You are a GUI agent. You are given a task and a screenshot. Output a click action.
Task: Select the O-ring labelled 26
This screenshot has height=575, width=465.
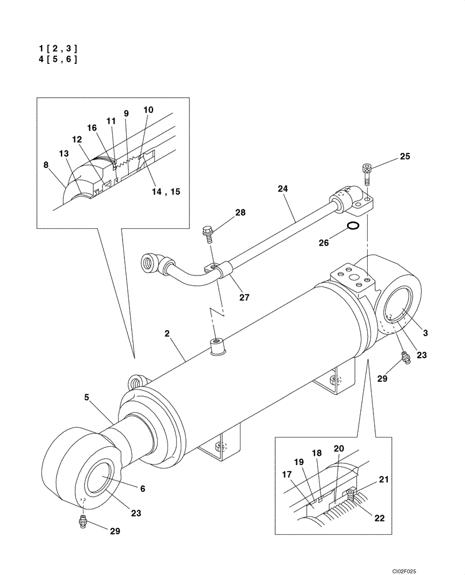pos(355,226)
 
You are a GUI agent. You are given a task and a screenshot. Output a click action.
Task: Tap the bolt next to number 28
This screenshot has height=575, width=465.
pos(208,233)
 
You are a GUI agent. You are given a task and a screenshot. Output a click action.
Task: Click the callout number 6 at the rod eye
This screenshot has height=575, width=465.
pos(142,489)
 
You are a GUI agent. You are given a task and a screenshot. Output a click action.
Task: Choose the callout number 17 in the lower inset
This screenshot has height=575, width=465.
pos(287,475)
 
